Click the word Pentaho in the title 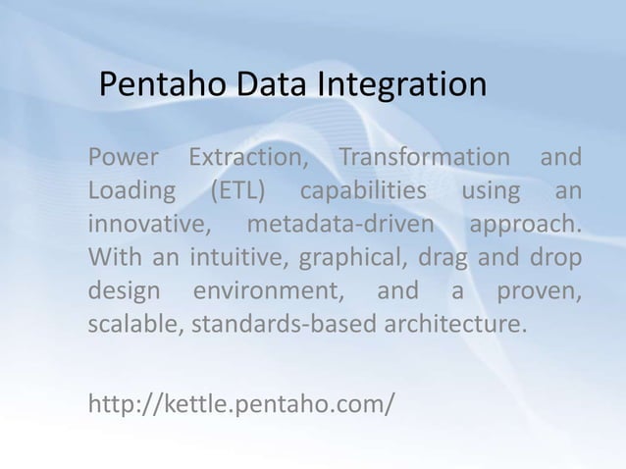163,85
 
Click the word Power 121,158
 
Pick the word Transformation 425,158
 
